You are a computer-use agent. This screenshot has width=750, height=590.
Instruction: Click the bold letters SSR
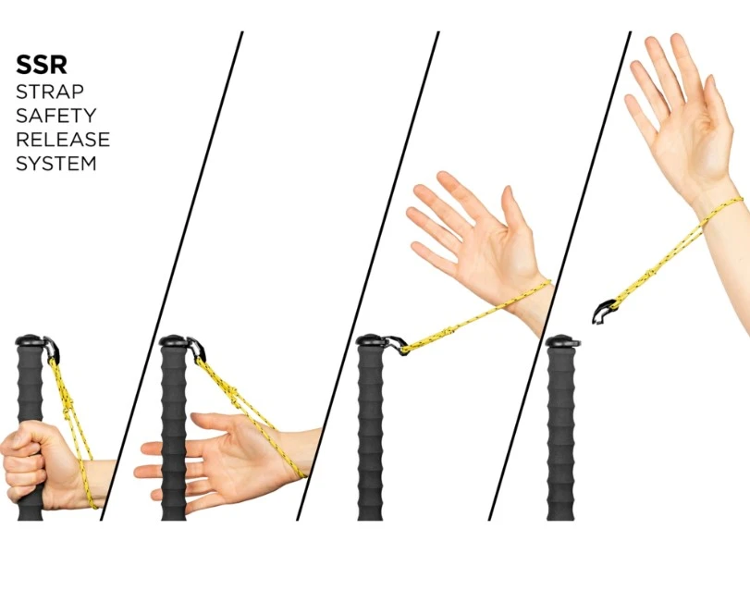[41, 65]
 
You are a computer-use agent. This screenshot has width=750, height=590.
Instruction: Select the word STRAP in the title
[50, 92]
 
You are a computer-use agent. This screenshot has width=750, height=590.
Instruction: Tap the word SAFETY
[56, 116]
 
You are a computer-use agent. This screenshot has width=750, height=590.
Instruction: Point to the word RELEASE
[63, 140]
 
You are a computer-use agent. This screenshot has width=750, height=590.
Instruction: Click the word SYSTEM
[56, 164]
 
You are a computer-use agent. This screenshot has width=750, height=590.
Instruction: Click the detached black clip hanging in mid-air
[604, 312]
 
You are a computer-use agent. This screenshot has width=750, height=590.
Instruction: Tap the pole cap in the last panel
[563, 341]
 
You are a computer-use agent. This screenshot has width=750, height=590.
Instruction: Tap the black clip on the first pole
[52, 349]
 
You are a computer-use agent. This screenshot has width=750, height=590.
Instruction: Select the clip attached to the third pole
[397, 344]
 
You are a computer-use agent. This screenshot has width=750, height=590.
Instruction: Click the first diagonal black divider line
[172, 276]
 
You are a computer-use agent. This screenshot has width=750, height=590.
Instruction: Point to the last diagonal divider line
[559, 276]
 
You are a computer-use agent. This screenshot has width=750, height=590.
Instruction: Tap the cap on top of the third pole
[372, 341]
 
